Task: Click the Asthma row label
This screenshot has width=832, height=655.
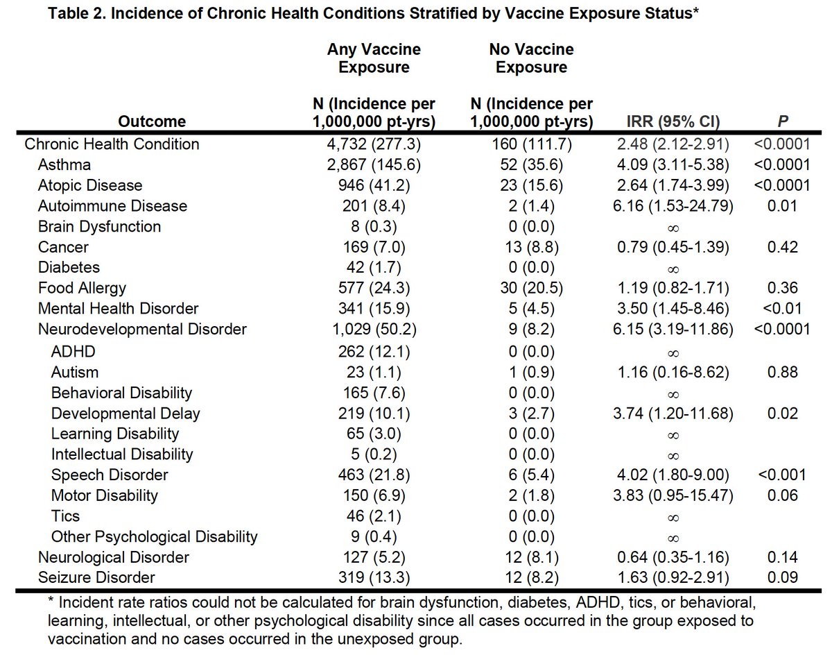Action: (64, 165)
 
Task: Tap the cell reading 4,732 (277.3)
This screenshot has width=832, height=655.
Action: (374, 144)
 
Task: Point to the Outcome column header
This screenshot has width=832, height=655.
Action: (152, 122)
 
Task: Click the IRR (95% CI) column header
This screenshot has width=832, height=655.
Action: (673, 122)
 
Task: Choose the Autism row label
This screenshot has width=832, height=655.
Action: (75, 372)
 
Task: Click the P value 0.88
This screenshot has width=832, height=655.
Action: (783, 372)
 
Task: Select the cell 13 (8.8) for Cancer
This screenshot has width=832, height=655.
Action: (531, 248)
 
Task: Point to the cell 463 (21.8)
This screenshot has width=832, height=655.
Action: (374, 475)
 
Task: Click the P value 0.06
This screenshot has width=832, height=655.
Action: (783, 496)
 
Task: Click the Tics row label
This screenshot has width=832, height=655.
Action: (65, 516)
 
